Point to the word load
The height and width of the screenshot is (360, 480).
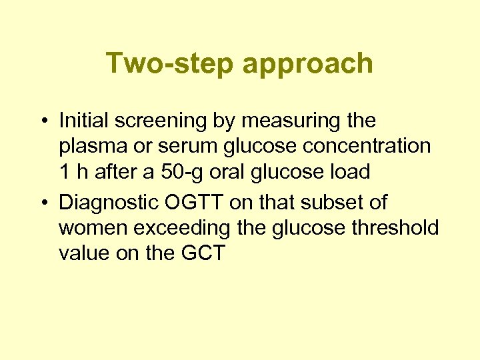pyautogui.click(x=348, y=172)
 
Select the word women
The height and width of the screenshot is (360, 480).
pyautogui.click(x=91, y=228)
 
